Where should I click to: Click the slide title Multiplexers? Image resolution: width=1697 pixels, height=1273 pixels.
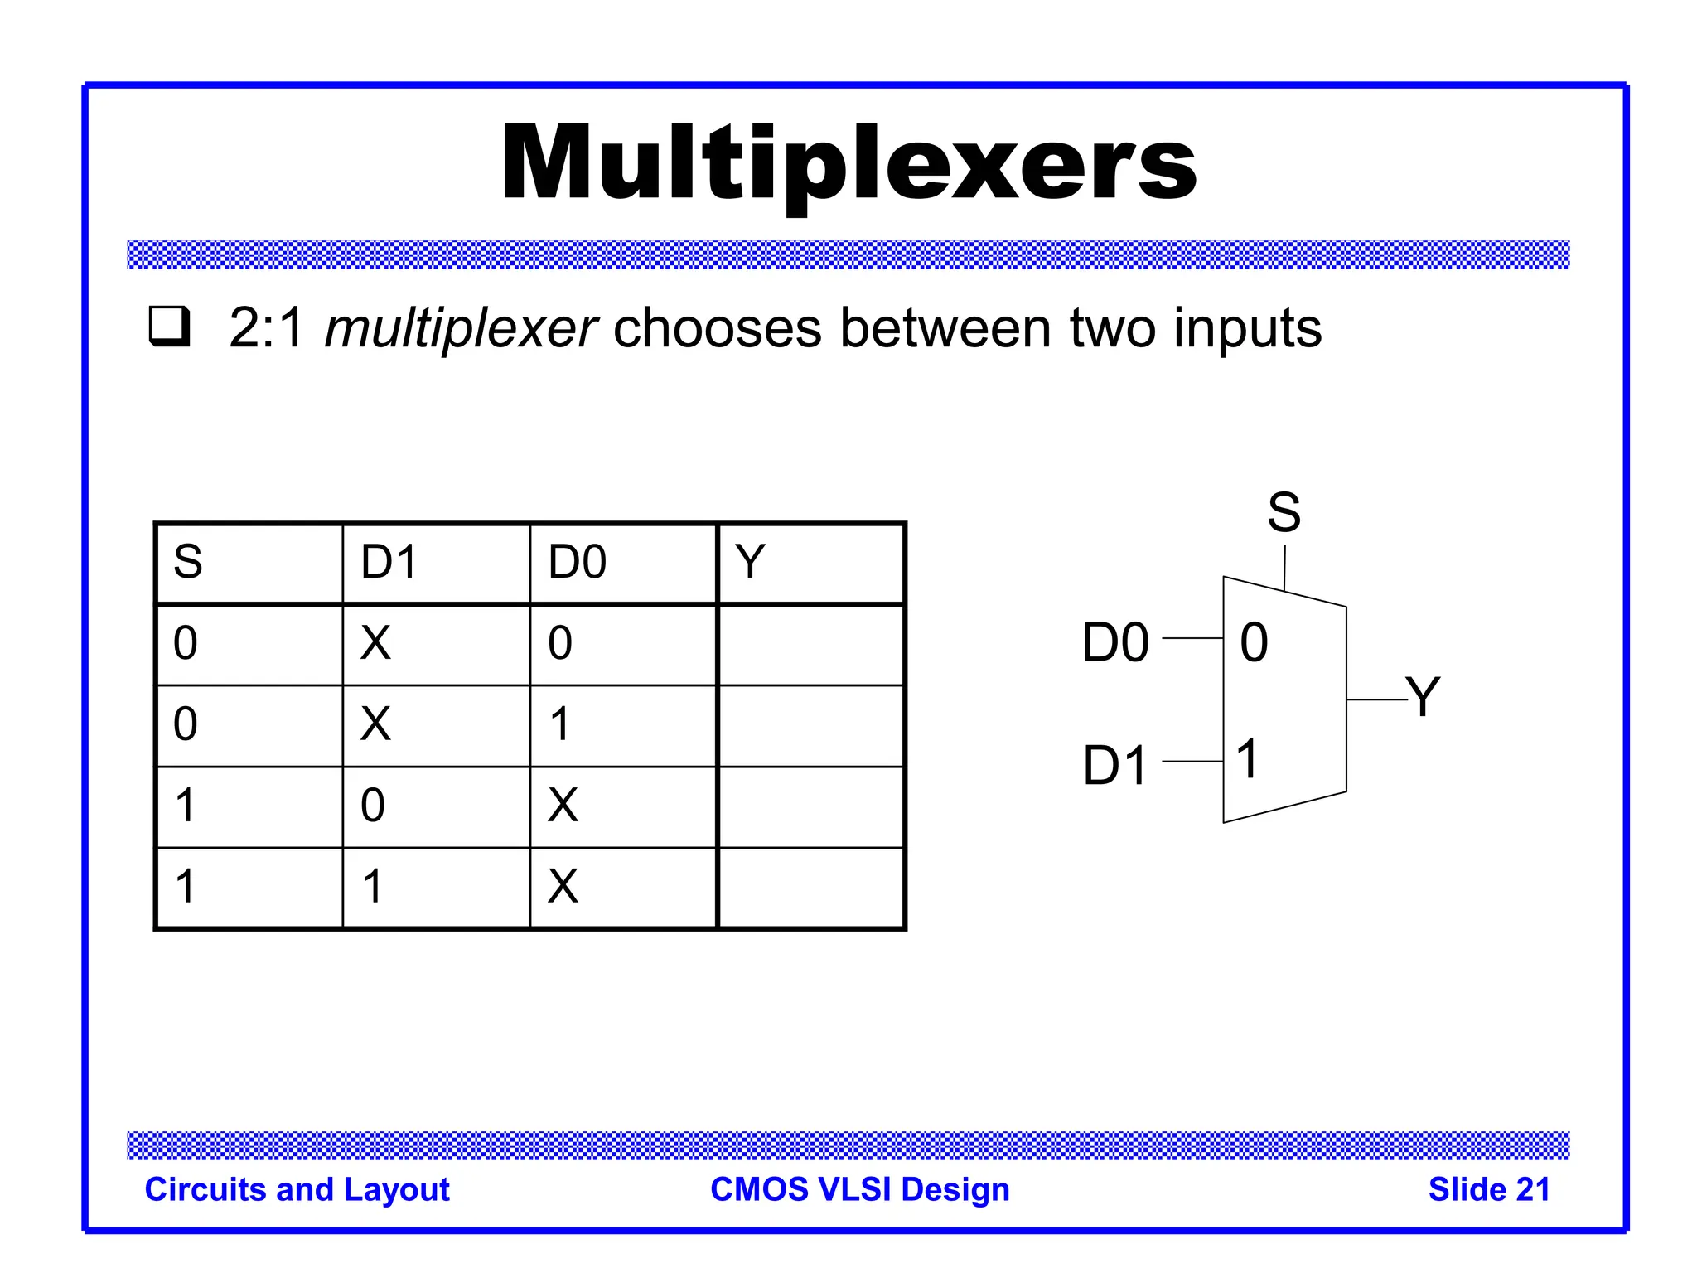(x=848, y=164)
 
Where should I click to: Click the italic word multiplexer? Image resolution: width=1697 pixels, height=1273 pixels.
(x=461, y=329)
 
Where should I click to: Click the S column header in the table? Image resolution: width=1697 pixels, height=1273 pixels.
(x=188, y=562)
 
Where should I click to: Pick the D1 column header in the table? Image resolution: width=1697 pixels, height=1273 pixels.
(x=389, y=562)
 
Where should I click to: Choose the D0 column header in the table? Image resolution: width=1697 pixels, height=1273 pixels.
(x=578, y=562)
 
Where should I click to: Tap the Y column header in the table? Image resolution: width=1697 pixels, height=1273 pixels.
(x=750, y=562)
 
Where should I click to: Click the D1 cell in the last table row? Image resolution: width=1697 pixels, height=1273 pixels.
(x=373, y=886)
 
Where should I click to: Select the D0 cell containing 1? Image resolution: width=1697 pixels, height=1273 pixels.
(x=560, y=724)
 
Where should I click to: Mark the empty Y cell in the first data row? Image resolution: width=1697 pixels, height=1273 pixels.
(x=810, y=644)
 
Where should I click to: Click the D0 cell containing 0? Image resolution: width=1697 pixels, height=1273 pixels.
(x=560, y=643)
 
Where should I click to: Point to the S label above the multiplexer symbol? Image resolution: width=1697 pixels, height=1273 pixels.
(x=1284, y=512)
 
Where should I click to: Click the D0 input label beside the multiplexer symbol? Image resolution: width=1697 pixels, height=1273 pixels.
(x=1115, y=642)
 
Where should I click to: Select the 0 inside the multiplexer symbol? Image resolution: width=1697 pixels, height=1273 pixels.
(x=1254, y=642)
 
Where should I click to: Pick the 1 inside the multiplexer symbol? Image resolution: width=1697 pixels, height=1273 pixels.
(x=1247, y=758)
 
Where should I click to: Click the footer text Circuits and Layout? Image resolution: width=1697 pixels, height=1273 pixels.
(x=297, y=1189)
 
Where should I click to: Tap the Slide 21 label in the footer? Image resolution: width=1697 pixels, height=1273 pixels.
(x=1489, y=1189)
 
